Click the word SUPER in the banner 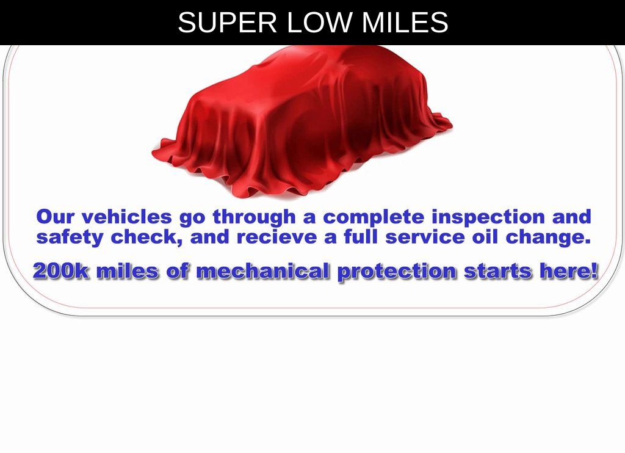coord(227,23)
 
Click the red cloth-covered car coord(302,121)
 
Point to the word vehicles coord(127,217)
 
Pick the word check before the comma coord(144,237)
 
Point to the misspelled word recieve coord(276,237)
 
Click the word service coord(425,238)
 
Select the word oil coord(485,237)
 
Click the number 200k coord(62,271)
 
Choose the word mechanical coord(264,271)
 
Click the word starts coord(498,272)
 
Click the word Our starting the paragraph coord(55,217)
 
